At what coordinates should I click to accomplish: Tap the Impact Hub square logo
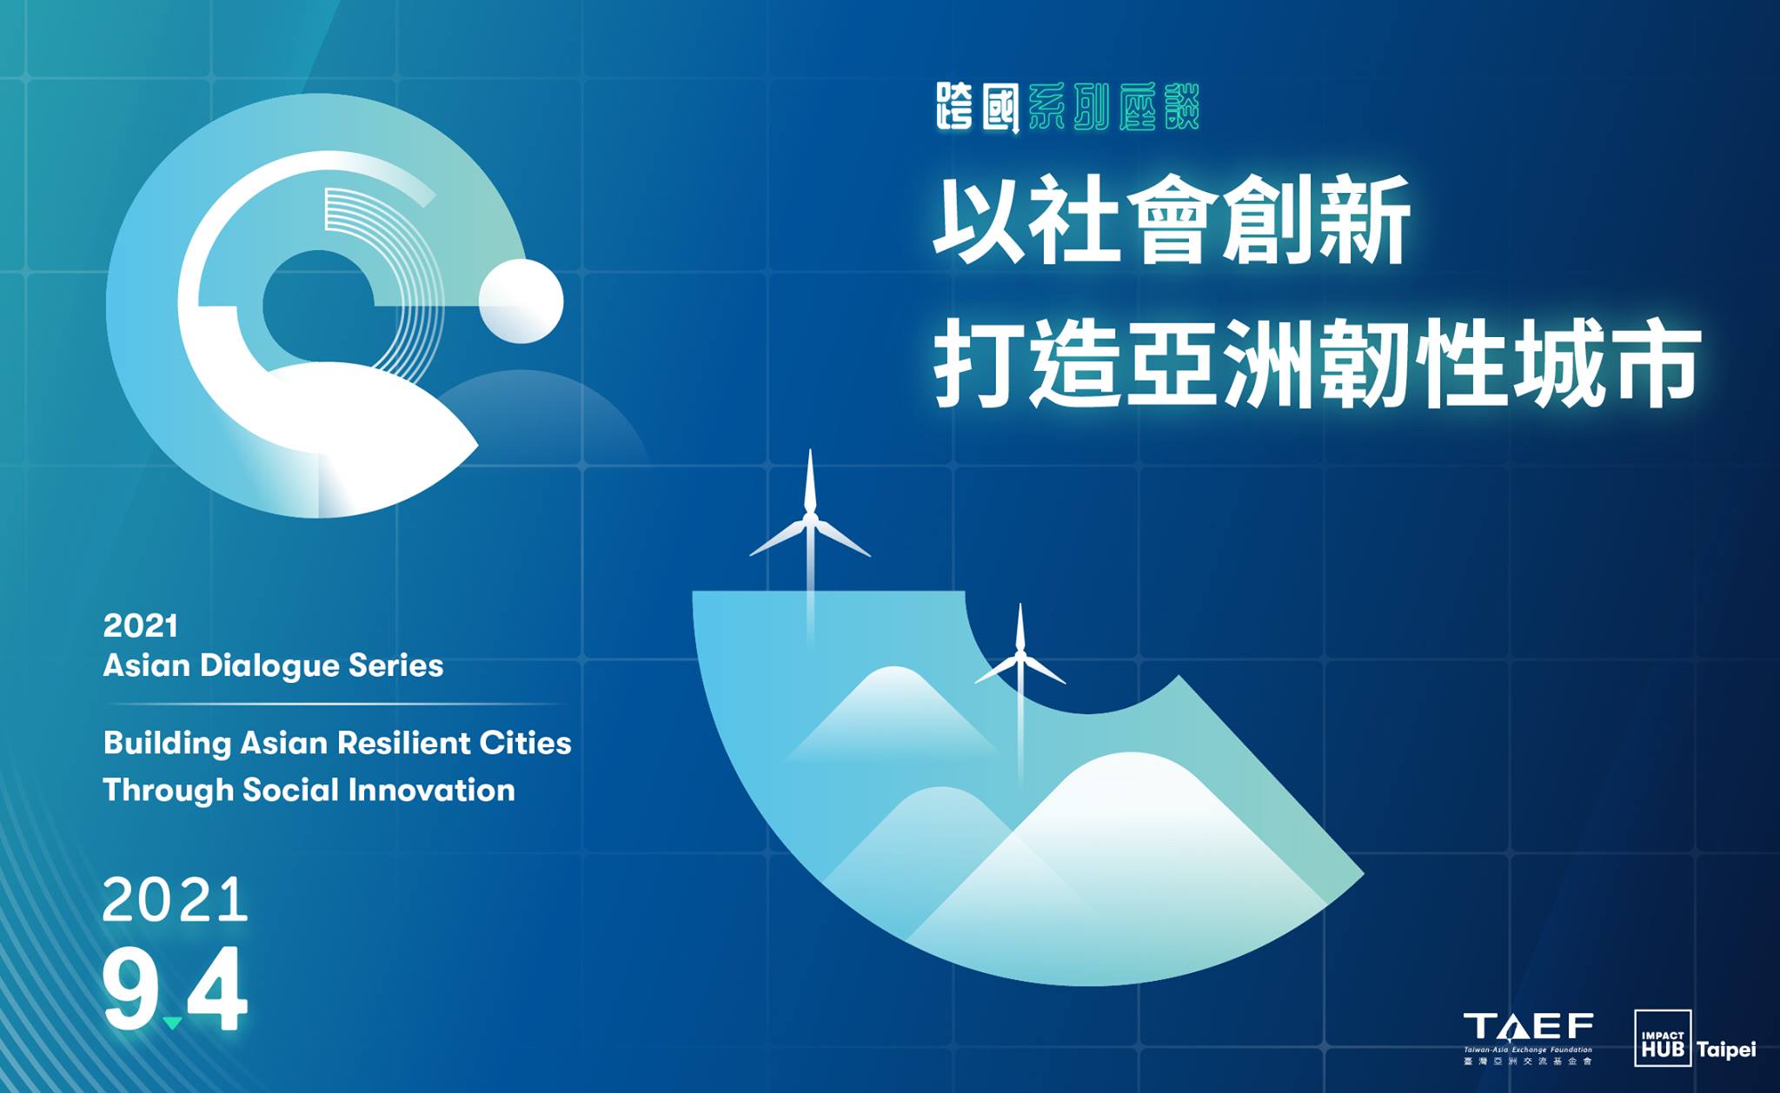[1663, 1037]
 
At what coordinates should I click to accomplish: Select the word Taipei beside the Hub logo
[1726, 1050]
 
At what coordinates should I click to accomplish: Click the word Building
[167, 744]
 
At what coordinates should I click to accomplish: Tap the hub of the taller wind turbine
[810, 520]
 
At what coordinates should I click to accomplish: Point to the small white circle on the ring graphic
[521, 301]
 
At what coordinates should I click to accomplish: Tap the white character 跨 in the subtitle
[955, 107]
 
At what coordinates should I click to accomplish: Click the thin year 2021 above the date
[175, 899]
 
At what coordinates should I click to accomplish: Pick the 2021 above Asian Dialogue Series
[140, 626]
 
